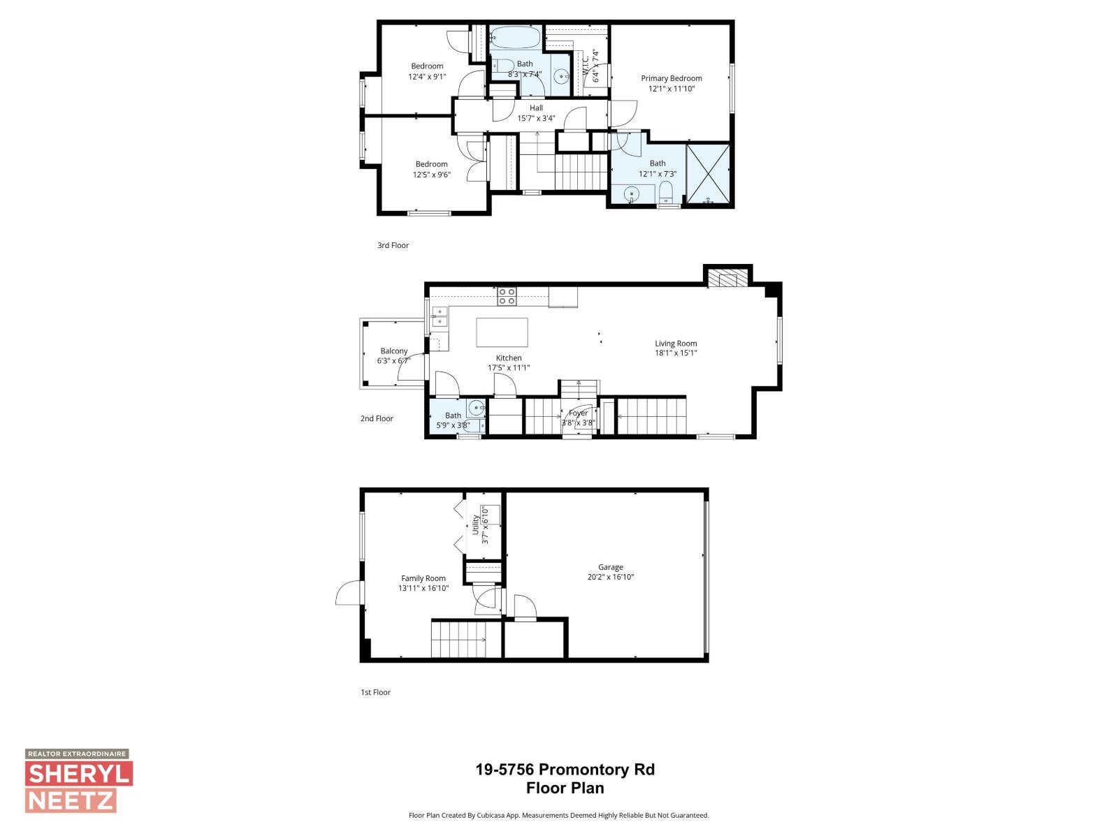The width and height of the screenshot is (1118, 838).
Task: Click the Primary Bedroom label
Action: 671,78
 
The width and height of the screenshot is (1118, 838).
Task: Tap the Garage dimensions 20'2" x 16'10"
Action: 610,578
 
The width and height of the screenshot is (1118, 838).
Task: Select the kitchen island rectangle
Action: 502,332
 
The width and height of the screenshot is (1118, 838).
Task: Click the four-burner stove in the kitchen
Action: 507,297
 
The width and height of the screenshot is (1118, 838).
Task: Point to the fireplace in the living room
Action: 727,279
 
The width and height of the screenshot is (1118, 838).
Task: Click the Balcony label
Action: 393,351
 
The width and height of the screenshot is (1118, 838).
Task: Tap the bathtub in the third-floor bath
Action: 515,37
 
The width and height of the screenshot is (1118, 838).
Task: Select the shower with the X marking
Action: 709,174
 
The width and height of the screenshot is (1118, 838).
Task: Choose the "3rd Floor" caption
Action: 393,245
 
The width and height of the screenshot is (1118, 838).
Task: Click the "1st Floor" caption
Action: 375,692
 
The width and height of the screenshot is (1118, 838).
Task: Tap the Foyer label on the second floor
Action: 578,413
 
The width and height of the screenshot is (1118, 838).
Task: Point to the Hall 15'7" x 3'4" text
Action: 536,113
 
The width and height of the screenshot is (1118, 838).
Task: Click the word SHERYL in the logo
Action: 78,774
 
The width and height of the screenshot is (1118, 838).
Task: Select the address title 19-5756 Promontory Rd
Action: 565,770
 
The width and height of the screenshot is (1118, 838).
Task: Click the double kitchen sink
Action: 440,316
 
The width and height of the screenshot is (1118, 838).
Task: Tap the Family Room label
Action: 423,578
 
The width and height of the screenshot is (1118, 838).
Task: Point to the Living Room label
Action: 676,344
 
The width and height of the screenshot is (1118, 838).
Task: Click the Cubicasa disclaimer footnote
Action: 558,815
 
